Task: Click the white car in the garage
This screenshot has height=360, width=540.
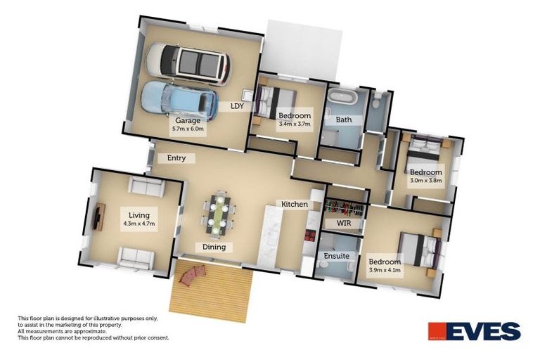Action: point(188,64)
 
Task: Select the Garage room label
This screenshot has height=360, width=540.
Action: point(187,121)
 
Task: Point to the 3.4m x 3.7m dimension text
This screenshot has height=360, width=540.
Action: point(295,124)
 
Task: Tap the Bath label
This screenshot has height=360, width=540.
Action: point(344,120)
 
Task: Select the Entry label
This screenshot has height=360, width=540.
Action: point(176,158)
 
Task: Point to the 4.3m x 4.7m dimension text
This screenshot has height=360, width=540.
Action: point(139,224)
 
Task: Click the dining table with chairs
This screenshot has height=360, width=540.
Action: point(218,214)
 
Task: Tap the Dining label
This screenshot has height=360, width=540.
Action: point(214,247)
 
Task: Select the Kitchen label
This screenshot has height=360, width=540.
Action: point(295,204)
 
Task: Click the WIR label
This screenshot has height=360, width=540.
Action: point(344,223)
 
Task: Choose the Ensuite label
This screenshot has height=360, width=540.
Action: point(336,256)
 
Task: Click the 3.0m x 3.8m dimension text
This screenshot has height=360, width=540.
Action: point(426,181)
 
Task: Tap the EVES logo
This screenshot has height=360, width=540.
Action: point(475,331)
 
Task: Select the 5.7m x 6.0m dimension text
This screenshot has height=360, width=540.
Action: point(187,129)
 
